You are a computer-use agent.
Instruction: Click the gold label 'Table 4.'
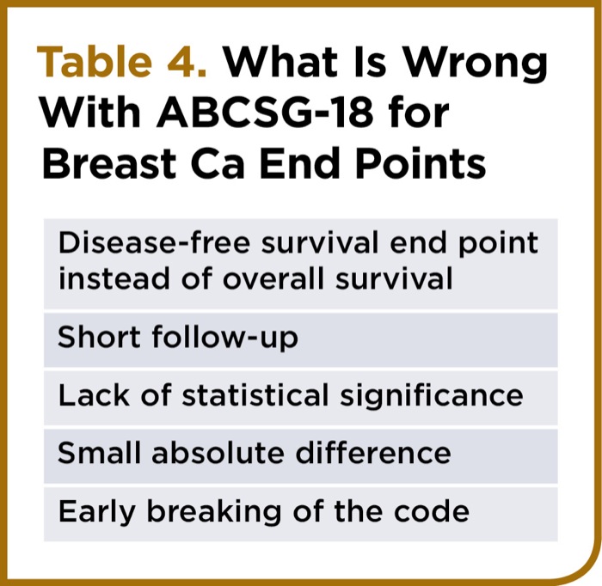click(x=122, y=61)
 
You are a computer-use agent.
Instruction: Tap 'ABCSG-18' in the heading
click(x=265, y=113)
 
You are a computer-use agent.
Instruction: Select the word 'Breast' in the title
click(x=109, y=163)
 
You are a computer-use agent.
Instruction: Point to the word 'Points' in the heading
click(x=421, y=163)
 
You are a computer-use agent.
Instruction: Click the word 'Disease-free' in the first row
click(x=154, y=242)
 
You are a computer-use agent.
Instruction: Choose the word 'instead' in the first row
click(x=114, y=278)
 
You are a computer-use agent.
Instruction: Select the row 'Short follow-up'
click(x=301, y=339)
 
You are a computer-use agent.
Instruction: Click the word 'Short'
click(x=99, y=337)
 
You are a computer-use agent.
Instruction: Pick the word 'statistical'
click(x=255, y=395)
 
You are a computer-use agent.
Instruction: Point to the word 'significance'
click(x=431, y=397)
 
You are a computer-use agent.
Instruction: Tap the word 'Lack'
click(x=94, y=395)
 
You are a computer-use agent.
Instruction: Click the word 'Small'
click(x=99, y=453)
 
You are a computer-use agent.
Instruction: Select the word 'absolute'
click(x=218, y=453)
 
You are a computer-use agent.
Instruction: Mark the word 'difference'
click(x=373, y=453)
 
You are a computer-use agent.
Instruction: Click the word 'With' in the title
click(x=91, y=113)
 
